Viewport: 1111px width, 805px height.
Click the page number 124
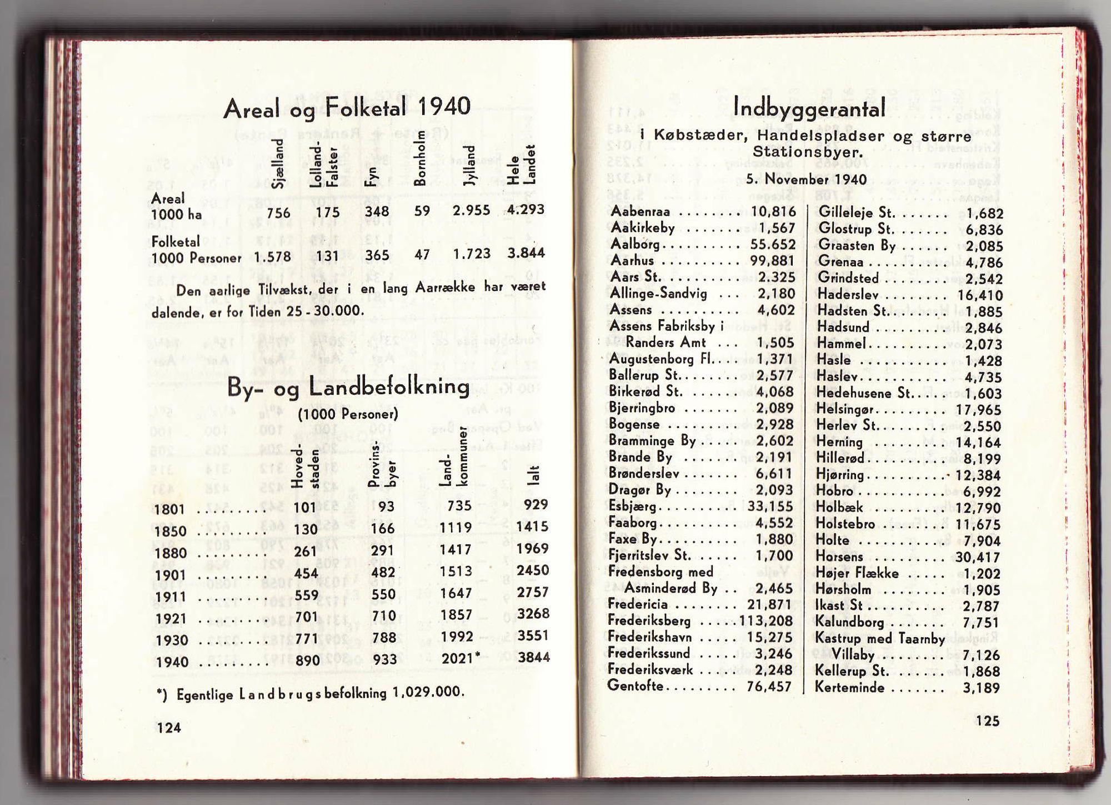(x=168, y=728)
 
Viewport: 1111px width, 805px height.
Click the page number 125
(x=987, y=720)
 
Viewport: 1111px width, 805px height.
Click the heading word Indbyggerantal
(x=809, y=107)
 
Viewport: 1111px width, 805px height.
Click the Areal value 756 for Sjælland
(x=278, y=213)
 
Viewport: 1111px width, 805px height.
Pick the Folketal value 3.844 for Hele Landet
(x=526, y=253)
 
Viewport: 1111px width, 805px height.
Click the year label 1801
(x=170, y=510)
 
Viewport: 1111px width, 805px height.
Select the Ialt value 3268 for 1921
(x=533, y=614)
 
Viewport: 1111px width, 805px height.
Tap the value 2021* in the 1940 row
(x=460, y=658)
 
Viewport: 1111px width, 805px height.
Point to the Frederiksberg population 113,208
(x=766, y=620)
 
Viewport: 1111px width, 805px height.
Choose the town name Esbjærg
(x=632, y=506)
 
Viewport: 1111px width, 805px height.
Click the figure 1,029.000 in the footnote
(x=427, y=692)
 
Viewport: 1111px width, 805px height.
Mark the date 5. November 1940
(x=806, y=179)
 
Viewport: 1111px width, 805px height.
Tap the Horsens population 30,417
(x=977, y=557)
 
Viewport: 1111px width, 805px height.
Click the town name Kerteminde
(x=849, y=687)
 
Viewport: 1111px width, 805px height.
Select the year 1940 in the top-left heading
(x=443, y=106)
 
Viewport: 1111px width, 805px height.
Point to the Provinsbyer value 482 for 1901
(x=383, y=573)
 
